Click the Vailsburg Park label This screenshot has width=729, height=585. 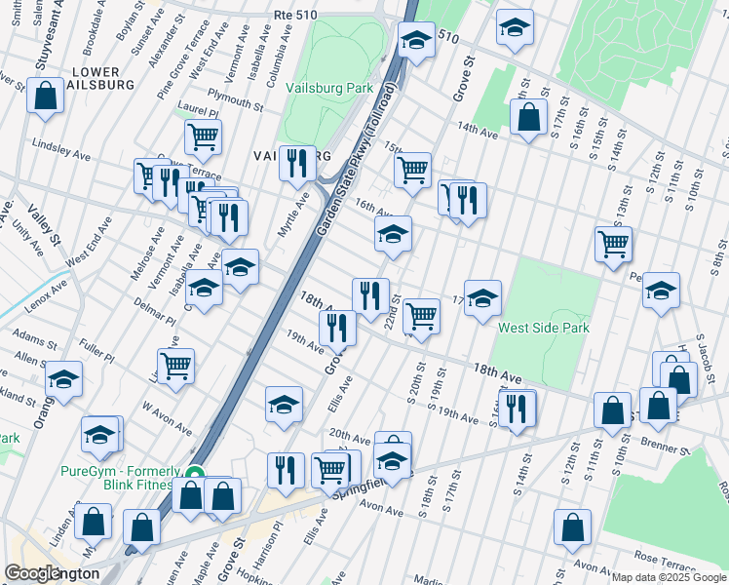coord(330,88)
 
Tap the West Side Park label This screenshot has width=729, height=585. coord(544,329)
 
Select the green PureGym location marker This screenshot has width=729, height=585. coord(195,476)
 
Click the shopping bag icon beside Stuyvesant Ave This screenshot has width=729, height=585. coord(46,97)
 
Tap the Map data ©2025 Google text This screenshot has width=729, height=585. coord(669,577)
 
